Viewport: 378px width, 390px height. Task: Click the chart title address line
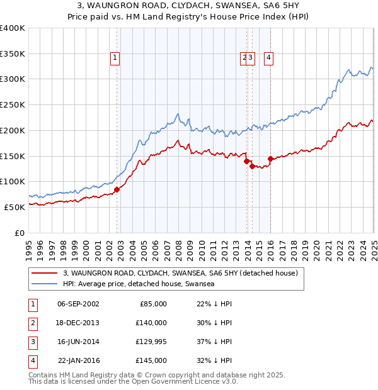click(x=188, y=6)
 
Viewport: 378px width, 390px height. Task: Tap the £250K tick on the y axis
click(x=13, y=104)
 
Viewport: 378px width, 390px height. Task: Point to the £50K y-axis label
click(x=14, y=206)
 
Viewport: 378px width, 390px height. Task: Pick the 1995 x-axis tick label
click(x=29, y=247)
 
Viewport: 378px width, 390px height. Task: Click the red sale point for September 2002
click(x=117, y=189)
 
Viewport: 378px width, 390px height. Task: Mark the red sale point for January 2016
click(x=270, y=159)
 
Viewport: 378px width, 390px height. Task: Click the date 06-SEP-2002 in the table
click(x=78, y=304)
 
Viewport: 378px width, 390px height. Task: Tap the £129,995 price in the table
click(x=151, y=342)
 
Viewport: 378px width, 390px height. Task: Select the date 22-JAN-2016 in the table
click(x=78, y=360)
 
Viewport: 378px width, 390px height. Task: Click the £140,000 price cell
click(x=151, y=323)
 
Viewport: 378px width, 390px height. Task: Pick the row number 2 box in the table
click(x=31, y=323)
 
